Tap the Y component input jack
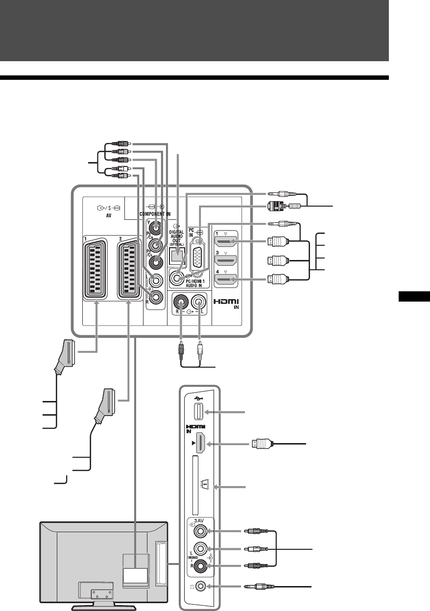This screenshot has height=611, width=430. (156, 228)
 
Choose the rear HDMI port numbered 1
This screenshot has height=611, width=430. (226, 242)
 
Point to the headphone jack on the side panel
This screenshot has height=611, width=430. (199, 586)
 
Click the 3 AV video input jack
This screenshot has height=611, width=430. (200, 530)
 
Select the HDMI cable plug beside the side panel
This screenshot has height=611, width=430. (262, 444)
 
